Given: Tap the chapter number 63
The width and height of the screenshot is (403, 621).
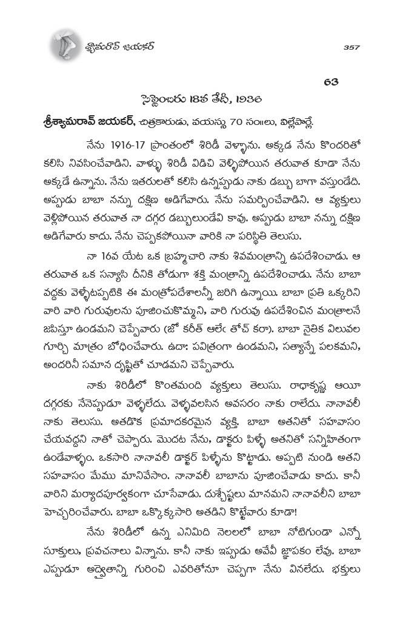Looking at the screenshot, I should click(x=331, y=82).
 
